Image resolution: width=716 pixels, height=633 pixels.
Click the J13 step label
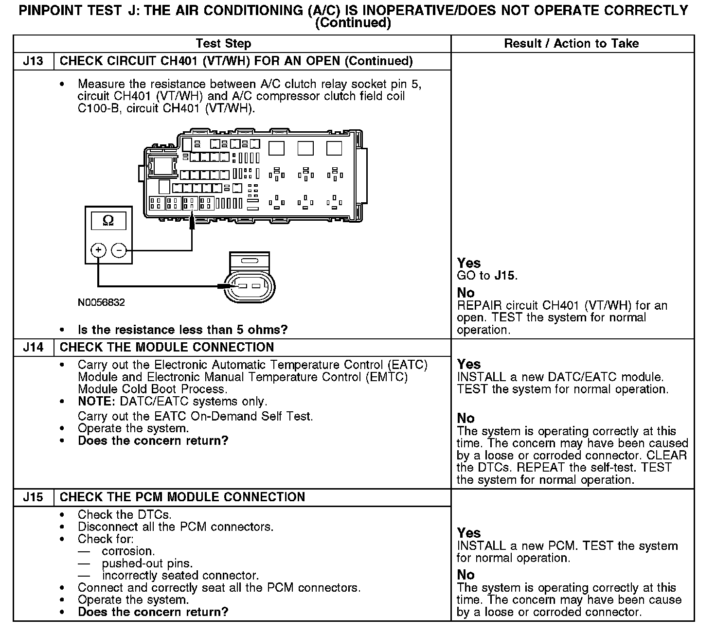pyautogui.click(x=33, y=61)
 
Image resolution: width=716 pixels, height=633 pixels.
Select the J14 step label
pyautogui.click(x=33, y=348)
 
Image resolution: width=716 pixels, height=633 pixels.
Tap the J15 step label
pyautogui.click(x=33, y=497)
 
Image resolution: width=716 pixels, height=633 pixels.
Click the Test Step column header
pyautogui.click(x=223, y=44)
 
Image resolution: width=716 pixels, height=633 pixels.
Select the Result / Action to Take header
pyautogui.click(x=572, y=44)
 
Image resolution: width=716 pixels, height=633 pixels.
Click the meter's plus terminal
pyautogui.click(x=98, y=250)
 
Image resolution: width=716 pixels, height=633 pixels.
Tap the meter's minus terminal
pyautogui.click(x=119, y=250)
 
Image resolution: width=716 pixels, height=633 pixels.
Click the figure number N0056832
pyautogui.click(x=101, y=302)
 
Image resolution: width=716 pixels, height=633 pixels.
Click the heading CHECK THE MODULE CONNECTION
pyautogui.click(x=166, y=348)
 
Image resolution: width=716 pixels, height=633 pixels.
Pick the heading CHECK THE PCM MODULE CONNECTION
pyautogui.click(x=182, y=497)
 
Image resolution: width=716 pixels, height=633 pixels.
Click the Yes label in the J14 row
pyautogui.click(x=469, y=364)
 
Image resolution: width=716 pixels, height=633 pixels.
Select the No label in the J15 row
pyautogui.click(x=465, y=575)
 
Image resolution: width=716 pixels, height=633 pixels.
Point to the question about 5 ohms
pyautogui.click(x=182, y=330)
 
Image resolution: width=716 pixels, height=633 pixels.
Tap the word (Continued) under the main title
pyautogui.click(x=353, y=23)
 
